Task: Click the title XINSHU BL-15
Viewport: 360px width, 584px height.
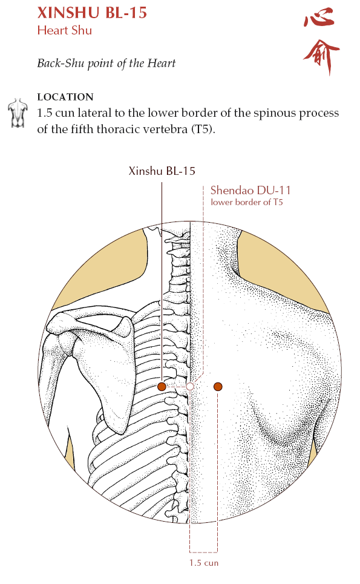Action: (92, 13)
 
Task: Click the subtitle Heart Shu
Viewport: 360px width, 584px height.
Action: (64, 30)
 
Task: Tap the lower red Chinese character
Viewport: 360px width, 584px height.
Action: (321, 56)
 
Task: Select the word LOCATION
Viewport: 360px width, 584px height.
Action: (65, 97)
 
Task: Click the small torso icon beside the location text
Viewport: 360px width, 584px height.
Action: (18, 113)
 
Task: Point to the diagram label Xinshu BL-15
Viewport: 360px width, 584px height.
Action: (162, 171)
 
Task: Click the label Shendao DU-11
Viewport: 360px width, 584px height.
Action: (250, 190)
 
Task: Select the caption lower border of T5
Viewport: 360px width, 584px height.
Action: (247, 202)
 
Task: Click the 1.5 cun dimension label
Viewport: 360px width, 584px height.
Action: (204, 563)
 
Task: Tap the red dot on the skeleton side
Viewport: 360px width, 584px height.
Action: (162, 387)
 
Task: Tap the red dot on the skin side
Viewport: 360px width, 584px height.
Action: (218, 387)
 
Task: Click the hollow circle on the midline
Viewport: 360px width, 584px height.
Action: (190, 387)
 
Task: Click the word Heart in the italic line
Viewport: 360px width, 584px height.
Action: (161, 63)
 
